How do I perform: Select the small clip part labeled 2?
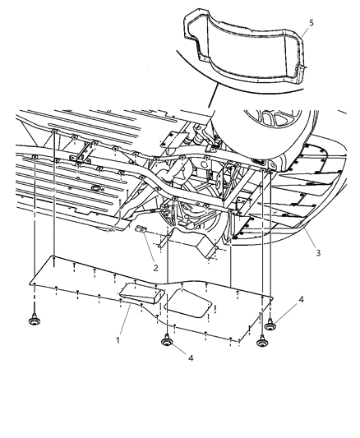tap(141, 231)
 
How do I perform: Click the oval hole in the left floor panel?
tap(99, 190)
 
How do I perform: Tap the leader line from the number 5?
tap(299, 42)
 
